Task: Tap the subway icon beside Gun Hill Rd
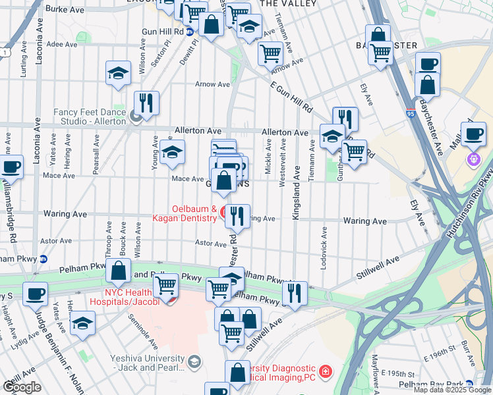pos(190,32)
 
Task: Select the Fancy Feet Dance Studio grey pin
pos(136,117)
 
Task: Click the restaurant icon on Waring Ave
pos(237,215)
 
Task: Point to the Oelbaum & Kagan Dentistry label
pos(185,213)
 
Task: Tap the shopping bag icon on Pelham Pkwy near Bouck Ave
pos(118,271)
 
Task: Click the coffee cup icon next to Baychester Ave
pos(428,64)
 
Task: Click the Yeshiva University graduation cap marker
pos(194,361)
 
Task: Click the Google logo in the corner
pos(22,387)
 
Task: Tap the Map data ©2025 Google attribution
pos(452,390)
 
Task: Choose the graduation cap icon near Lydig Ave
pos(82,323)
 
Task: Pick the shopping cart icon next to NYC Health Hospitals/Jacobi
pos(166,286)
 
